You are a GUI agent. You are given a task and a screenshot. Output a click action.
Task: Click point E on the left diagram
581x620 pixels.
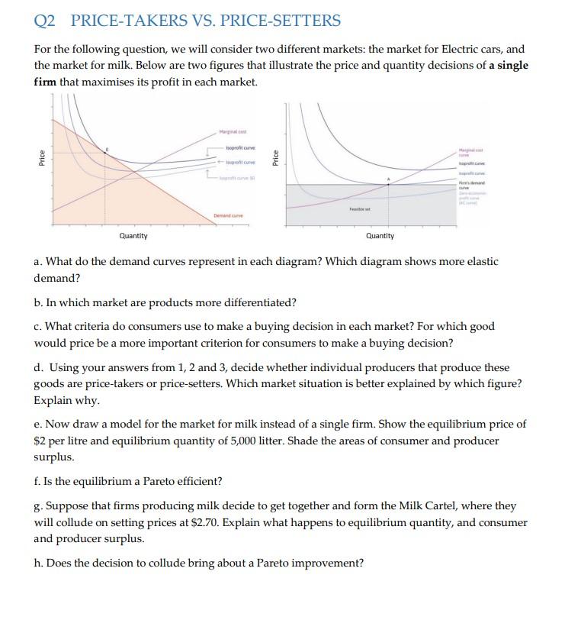[x=105, y=153]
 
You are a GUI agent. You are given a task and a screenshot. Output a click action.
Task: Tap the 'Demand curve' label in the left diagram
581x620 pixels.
[x=229, y=215]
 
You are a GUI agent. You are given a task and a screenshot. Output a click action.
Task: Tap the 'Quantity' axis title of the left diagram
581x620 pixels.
[x=133, y=236]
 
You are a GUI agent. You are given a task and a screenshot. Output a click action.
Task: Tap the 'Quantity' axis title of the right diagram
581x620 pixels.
[x=380, y=236]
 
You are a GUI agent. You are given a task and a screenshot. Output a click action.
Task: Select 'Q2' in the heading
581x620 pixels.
[x=47, y=21]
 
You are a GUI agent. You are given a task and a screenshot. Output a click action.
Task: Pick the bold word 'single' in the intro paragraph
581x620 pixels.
[x=512, y=65]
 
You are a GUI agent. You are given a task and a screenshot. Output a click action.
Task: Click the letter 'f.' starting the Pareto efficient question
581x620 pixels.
[x=38, y=481]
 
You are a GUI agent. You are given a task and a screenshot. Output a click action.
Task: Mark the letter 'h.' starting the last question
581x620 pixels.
[x=39, y=563]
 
